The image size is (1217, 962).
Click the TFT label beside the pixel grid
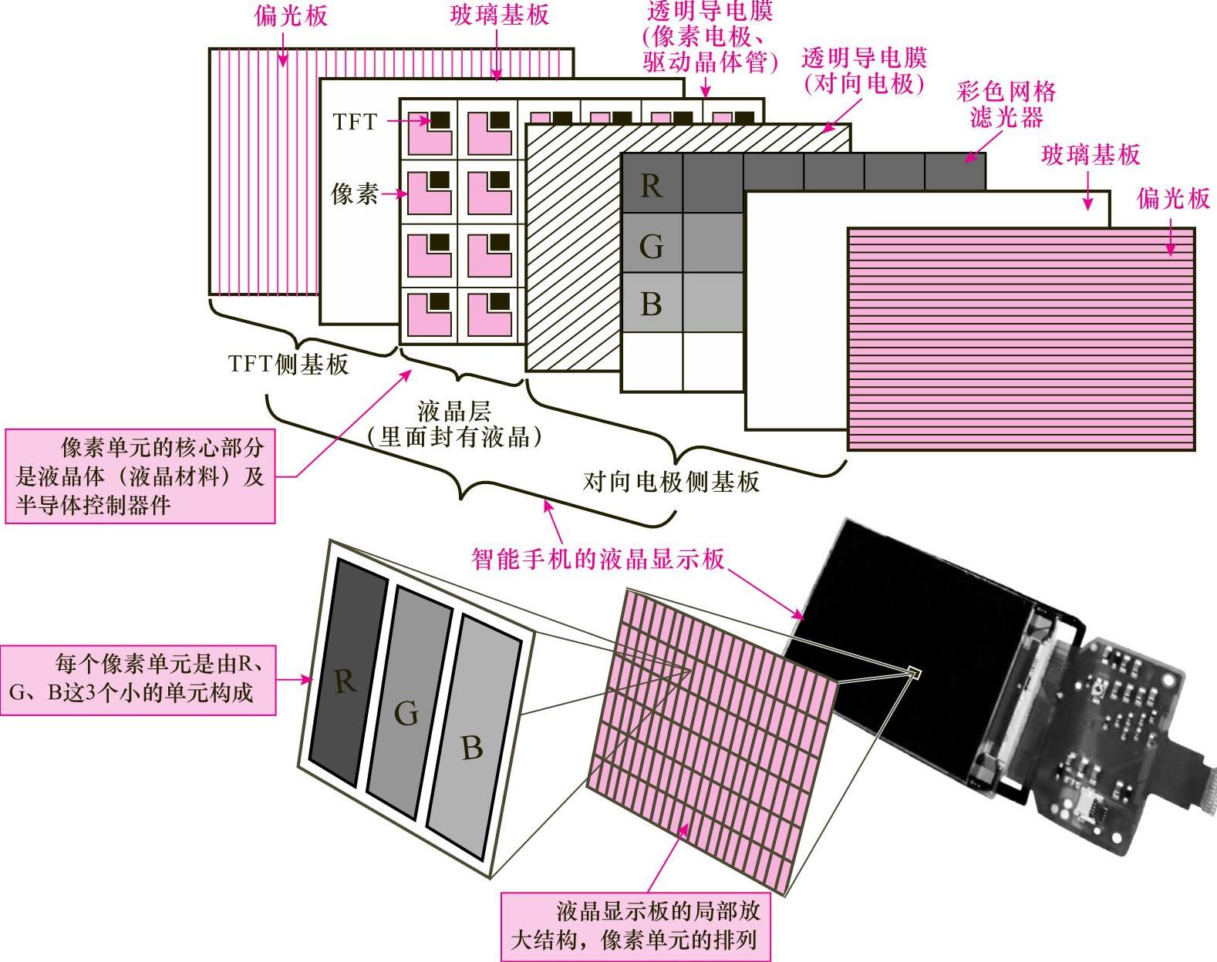[x=355, y=122]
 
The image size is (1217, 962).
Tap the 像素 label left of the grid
[x=355, y=193]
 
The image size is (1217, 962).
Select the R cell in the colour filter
[x=652, y=185]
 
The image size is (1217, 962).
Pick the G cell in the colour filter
[x=652, y=245]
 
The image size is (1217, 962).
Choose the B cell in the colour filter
[x=652, y=304]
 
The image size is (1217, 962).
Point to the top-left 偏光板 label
[x=290, y=16]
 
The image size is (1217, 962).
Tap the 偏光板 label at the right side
[x=1172, y=198]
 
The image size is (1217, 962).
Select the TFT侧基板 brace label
[x=288, y=364]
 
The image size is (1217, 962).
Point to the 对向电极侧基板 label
[x=671, y=482]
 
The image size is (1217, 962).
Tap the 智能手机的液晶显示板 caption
[x=598, y=557]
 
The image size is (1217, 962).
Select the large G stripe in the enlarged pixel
[x=406, y=713]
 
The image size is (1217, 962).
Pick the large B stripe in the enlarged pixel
[x=470, y=746]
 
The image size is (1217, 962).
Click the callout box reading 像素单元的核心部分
[x=140, y=476]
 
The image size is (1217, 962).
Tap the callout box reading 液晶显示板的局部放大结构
[x=636, y=926]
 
